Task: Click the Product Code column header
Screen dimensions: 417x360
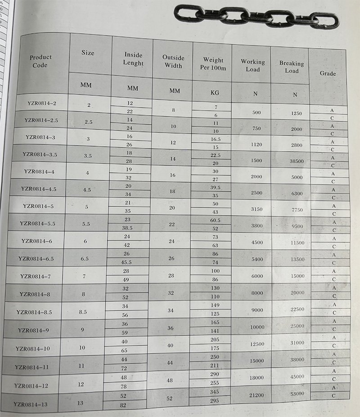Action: tap(40, 61)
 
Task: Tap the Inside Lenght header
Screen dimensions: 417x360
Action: tap(133, 59)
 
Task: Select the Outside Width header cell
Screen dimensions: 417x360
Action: tap(173, 61)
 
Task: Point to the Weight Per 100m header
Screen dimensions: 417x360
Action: tap(213, 63)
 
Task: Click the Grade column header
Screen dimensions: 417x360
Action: tap(328, 73)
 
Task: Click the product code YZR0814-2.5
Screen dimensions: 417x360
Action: tap(41, 120)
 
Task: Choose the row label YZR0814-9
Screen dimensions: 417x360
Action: tap(33, 330)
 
